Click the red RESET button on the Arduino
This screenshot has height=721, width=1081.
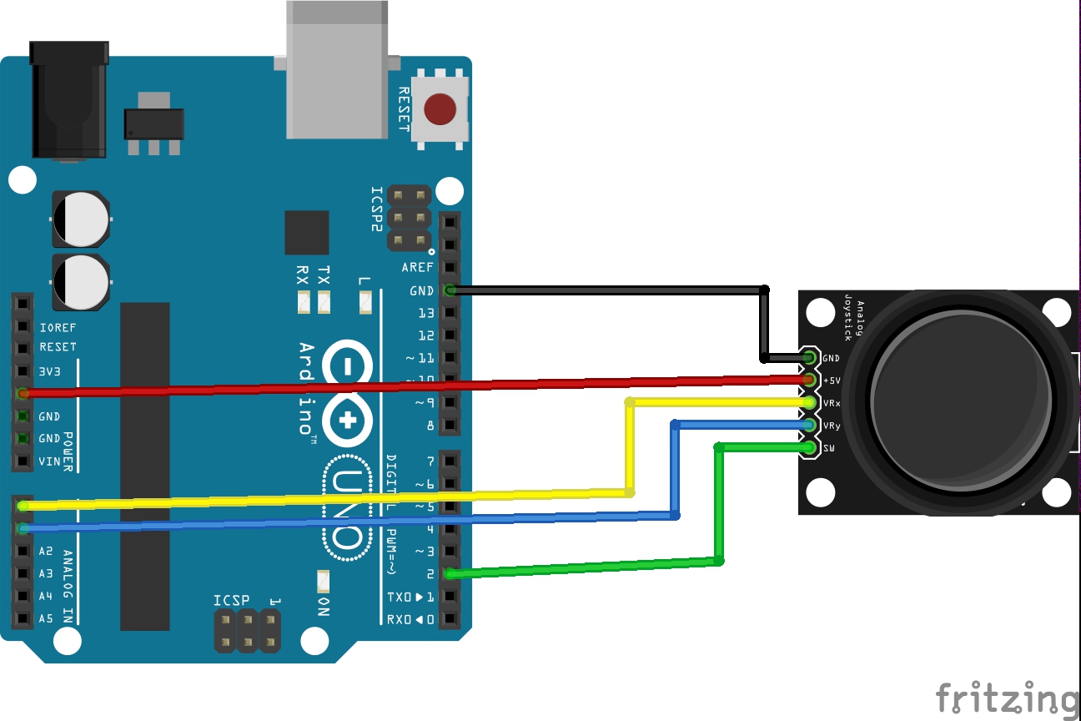pos(440,108)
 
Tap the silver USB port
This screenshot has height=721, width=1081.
pos(336,71)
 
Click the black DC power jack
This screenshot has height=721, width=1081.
pos(69,100)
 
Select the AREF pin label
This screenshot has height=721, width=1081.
pos(417,268)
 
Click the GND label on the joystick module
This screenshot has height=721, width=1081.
pos(831,359)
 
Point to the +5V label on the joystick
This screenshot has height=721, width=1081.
pos(832,381)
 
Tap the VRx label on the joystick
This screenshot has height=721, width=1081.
pos(832,403)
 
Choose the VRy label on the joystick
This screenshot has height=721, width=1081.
pos(832,426)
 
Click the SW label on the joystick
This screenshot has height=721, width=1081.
pos(829,448)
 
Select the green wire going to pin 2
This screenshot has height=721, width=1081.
pos(584,567)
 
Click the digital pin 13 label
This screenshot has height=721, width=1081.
pos(426,313)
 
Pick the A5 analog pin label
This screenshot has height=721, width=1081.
pos(45,619)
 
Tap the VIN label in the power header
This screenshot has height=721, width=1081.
pos(49,461)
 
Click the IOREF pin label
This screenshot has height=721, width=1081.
pos(58,328)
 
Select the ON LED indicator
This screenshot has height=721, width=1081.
pos(324,580)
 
